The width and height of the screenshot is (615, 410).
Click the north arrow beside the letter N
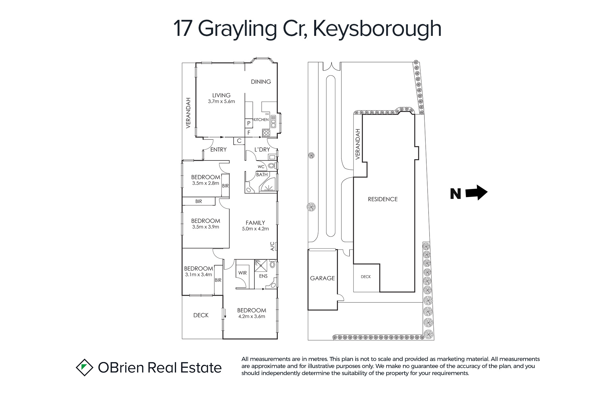pyautogui.click(x=476, y=193)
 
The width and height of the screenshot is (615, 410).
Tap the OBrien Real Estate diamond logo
pyautogui.click(x=84, y=367)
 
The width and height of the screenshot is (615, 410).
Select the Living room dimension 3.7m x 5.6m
pyautogui.click(x=221, y=102)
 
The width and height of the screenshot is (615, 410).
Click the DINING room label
pyautogui.click(x=261, y=82)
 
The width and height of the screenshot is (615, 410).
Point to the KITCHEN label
pyautogui.click(x=261, y=119)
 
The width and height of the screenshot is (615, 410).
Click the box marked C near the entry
pyautogui.click(x=239, y=141)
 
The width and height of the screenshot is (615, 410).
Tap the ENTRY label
pyautogui.click(x=218, y=150)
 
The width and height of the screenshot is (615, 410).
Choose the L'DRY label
pyautogui.click(x=262, y=150)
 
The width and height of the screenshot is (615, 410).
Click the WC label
pyautogui.click(x=261, y=167)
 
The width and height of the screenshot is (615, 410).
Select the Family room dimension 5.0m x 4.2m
pyautogui.click(x=255, y=229)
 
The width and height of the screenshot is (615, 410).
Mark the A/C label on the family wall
pyautogui.click(x=273, y=246)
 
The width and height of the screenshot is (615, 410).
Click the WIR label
pyautogui.click(x=242, y=273)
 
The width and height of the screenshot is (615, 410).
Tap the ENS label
pyautogui.click(x=263, y=276)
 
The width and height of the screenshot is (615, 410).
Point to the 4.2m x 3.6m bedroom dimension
pyautogui.click(x=252, y=316)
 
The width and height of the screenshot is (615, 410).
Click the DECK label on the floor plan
pyautogui.click(x=201, y=316)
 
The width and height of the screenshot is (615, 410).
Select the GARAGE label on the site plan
pyautogui.click(x=322, y=278)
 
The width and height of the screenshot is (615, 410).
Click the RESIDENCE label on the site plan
pyautogui.click(x=383, y=199)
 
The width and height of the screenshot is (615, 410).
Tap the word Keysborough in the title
pyautogui.click(x=377, y=29)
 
